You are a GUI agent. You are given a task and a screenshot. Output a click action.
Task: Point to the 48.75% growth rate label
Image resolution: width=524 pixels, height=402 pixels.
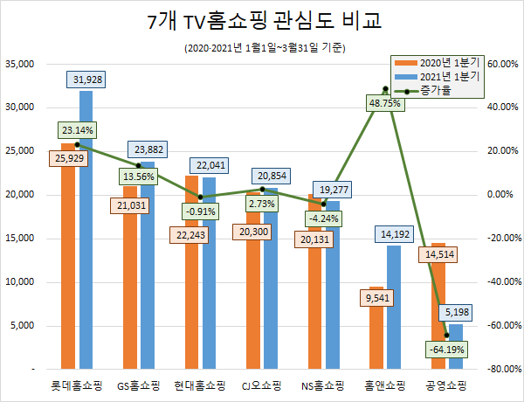tap(384, 102)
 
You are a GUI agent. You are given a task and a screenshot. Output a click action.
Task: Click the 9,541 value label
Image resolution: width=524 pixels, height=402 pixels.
tap(376, 298)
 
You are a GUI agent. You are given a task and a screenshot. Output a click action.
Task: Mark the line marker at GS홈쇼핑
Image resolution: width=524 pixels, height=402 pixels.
tap(139, 165)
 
